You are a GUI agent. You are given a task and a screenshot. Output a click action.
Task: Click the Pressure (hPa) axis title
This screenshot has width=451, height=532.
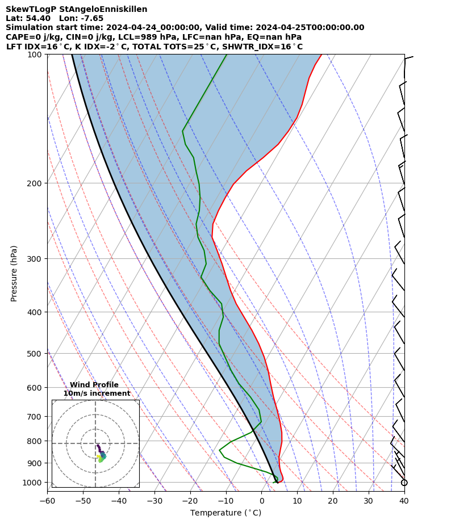(x=14, y=273)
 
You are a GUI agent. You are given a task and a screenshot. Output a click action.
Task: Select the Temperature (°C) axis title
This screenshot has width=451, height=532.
(x=225, y=513)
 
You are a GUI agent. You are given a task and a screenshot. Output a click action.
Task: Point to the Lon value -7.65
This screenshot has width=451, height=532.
(x=91, y=19)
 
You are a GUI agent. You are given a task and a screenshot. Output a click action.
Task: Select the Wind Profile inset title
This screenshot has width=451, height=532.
(x=94, y=385)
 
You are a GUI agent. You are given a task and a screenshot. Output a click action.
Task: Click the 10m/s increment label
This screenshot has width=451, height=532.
(x=97, y=393)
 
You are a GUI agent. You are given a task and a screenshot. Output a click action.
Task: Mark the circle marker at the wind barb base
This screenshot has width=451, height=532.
(x=404, y=483)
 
